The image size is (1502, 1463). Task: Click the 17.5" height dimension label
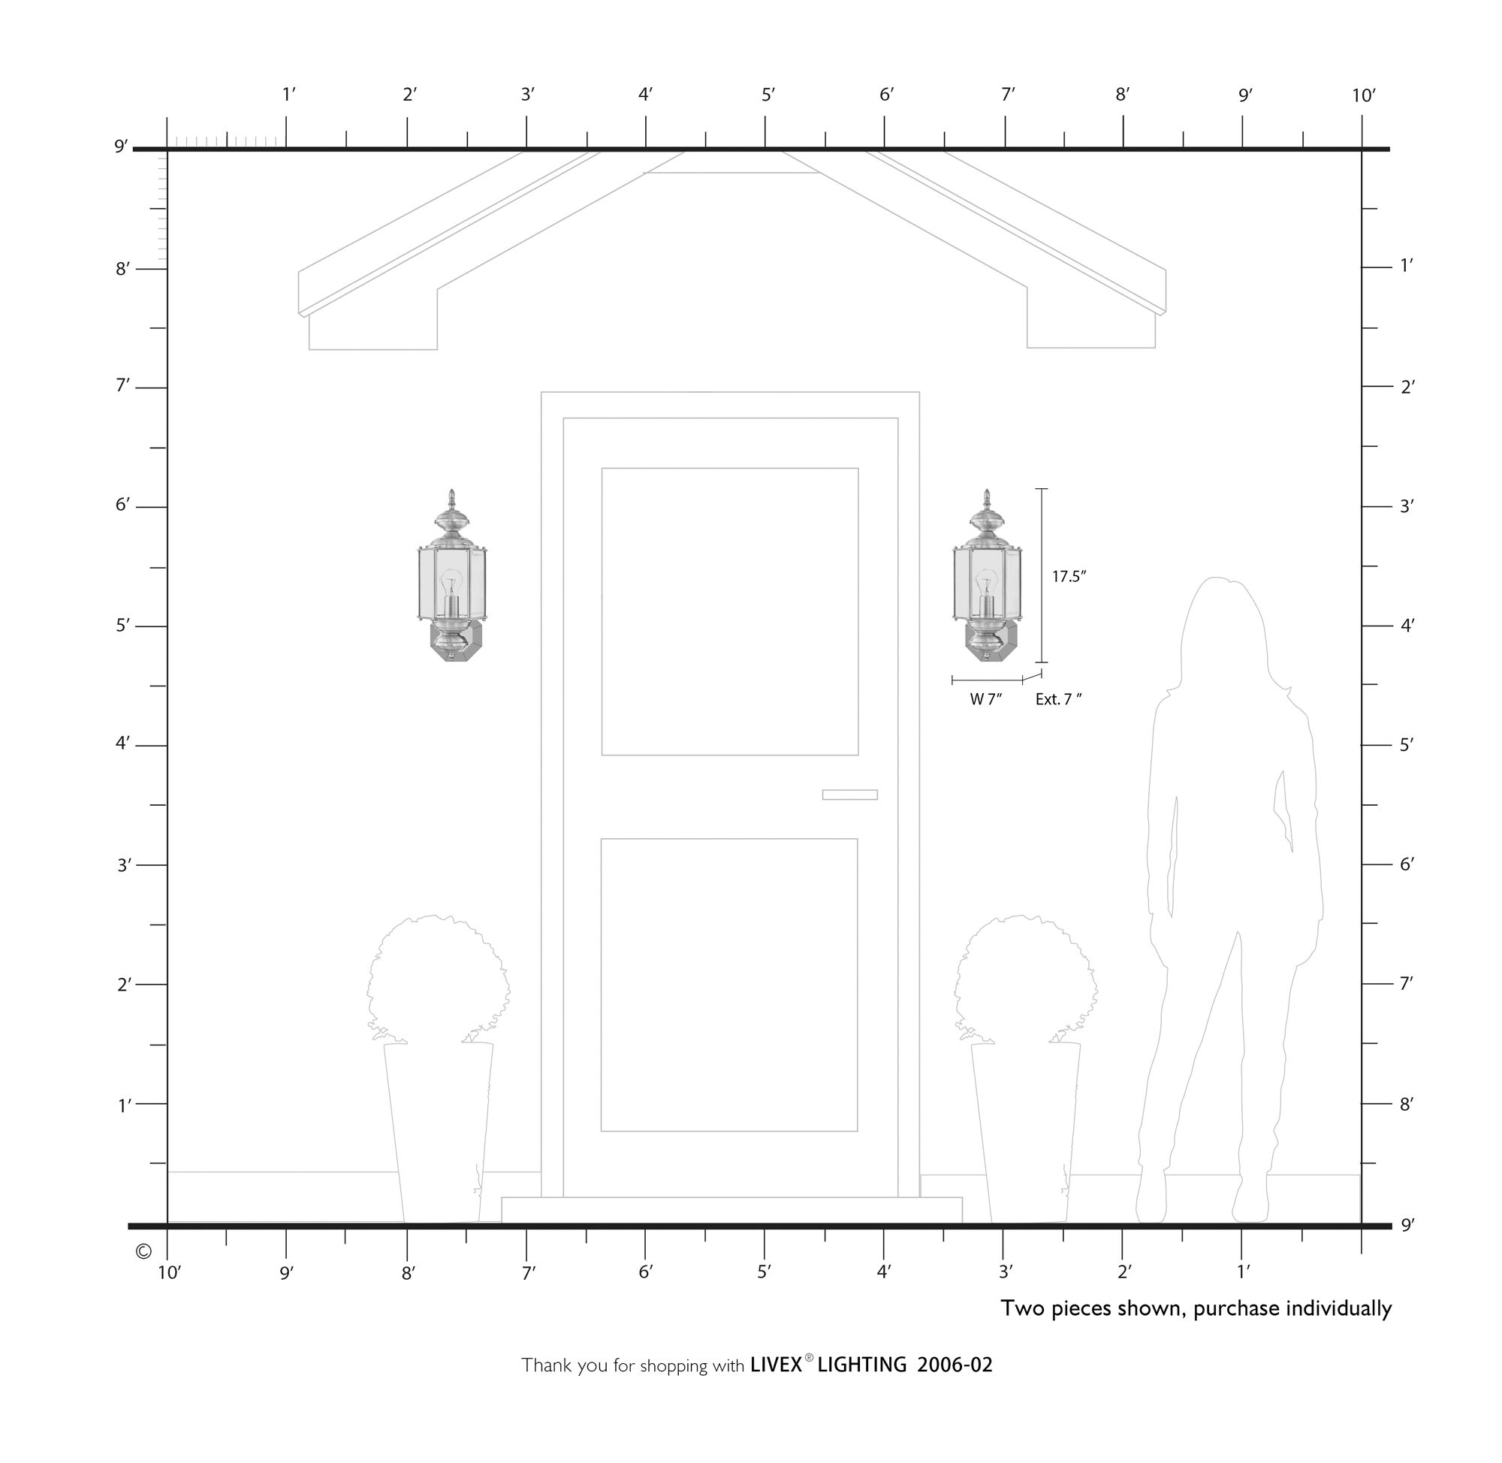[1069, 576]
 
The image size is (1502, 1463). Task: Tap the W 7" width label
[987, 699]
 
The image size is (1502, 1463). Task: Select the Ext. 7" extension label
[1059, 699]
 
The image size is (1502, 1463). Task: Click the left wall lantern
[452, 575]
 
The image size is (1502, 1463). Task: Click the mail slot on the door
[849, 795]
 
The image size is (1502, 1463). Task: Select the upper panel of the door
[730, 611]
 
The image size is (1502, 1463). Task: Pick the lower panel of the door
[729, 985]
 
